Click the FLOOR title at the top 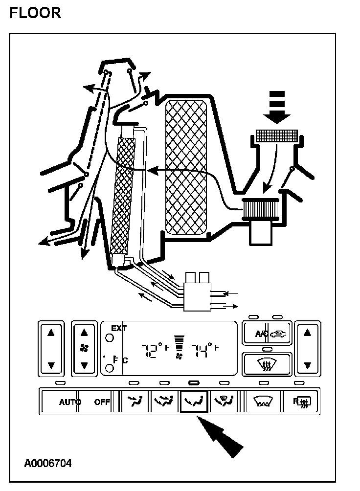pos(35,12)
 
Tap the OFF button pos(102,402)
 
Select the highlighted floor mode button pos(194,402)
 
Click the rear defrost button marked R pos(299,402)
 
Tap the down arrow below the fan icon pos(84,365)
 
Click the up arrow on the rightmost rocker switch pos(307,333)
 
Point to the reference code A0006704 pos(47,463)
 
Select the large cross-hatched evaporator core pos(186,166)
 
